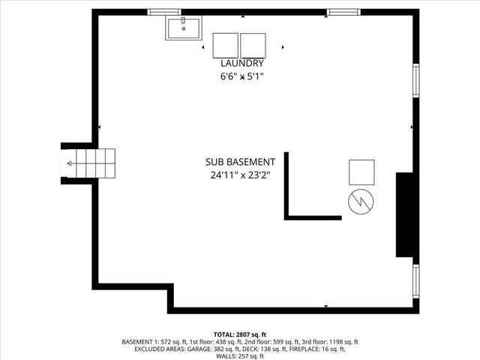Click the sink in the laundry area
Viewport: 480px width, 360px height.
pyautogui.click(x=184, y=28)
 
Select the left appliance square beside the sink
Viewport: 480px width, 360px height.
pyautogui.click(x=225, y=45)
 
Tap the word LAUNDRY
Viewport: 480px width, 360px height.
pyautogui.click(x=241, y=64)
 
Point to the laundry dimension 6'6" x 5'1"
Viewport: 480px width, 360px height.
pyautogui.click(x=241, y=76)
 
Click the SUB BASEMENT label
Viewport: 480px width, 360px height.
pyautogui.click(x=240, y=162)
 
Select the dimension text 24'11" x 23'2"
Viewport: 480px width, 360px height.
pyautogui.click(x=240, y=175)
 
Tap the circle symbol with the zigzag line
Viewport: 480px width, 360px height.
pyautogui.click(x=361, y=201)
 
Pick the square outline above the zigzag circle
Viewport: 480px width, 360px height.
pyautogui.click(x=361, y=172)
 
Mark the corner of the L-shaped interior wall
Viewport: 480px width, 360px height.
pyautogui.click(x=287, y=217)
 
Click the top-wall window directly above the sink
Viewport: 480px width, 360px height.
pyautogui.click(x=164, y=12)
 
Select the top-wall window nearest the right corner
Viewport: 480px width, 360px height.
pyautogui.click(x=342, y=12)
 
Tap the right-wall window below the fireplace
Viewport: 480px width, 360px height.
pyautogui.click(x=415, y=282)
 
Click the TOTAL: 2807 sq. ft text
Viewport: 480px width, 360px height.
pyautogui.click(x=240, y=334)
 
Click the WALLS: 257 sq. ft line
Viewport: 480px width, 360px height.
pyautogui.click(x=240, y=357)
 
